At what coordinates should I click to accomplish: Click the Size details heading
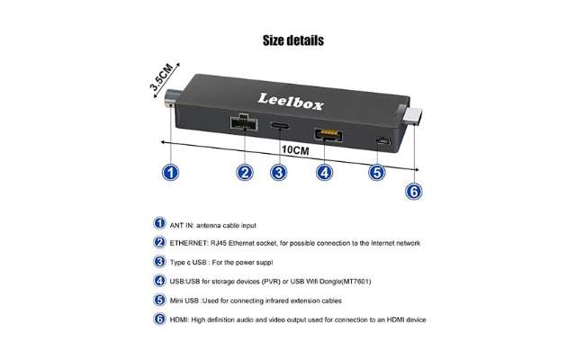pyautogui.click(x=293, y=40)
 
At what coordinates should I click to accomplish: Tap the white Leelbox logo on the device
pyautogui.click(x=291, y=102)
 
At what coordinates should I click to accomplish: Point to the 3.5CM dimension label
pyautogui.click(x=162, y=77)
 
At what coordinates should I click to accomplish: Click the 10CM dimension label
pyautogui.click(x=295, y=150)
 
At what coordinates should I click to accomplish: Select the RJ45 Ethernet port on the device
pyautogui.click(x=244, y=123)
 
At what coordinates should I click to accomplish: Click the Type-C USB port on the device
pyautogui.click(x=280, y=126)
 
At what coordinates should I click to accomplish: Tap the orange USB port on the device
pyautogui.click(x=328, y=135)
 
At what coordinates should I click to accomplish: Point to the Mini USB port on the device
pyautogui.click(x=382, y=140)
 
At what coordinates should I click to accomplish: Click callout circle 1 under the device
pyautogui.click(x=170, y=173)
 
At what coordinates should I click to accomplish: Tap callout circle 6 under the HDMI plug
pyautogui.click(x=414, y=192)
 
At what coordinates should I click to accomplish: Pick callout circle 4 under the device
pyautogui.click(x=324, y=173)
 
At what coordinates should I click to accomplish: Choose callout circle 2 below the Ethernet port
pyautogui.click(x=245, y=173)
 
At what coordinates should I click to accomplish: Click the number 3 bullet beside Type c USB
pyautogui.click(x=159, y=262)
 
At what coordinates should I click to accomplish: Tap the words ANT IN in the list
pyautogui.click(x=182, y=226)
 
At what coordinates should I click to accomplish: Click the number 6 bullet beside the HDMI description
pyautogui.click(x=159, y=319)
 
